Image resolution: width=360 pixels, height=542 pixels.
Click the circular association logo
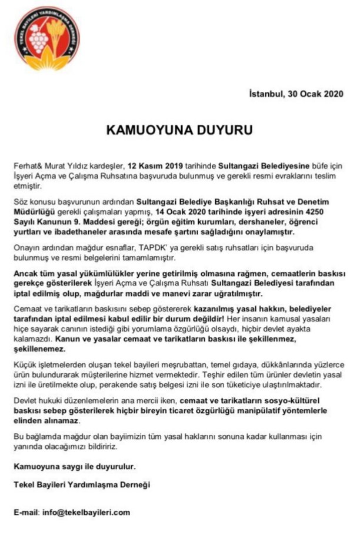point(47,38)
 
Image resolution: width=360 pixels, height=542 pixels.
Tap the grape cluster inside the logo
point(40,41)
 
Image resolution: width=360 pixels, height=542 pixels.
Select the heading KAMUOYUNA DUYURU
point(179,129)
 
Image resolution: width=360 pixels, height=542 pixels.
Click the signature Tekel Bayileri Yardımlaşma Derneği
point(82,484)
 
